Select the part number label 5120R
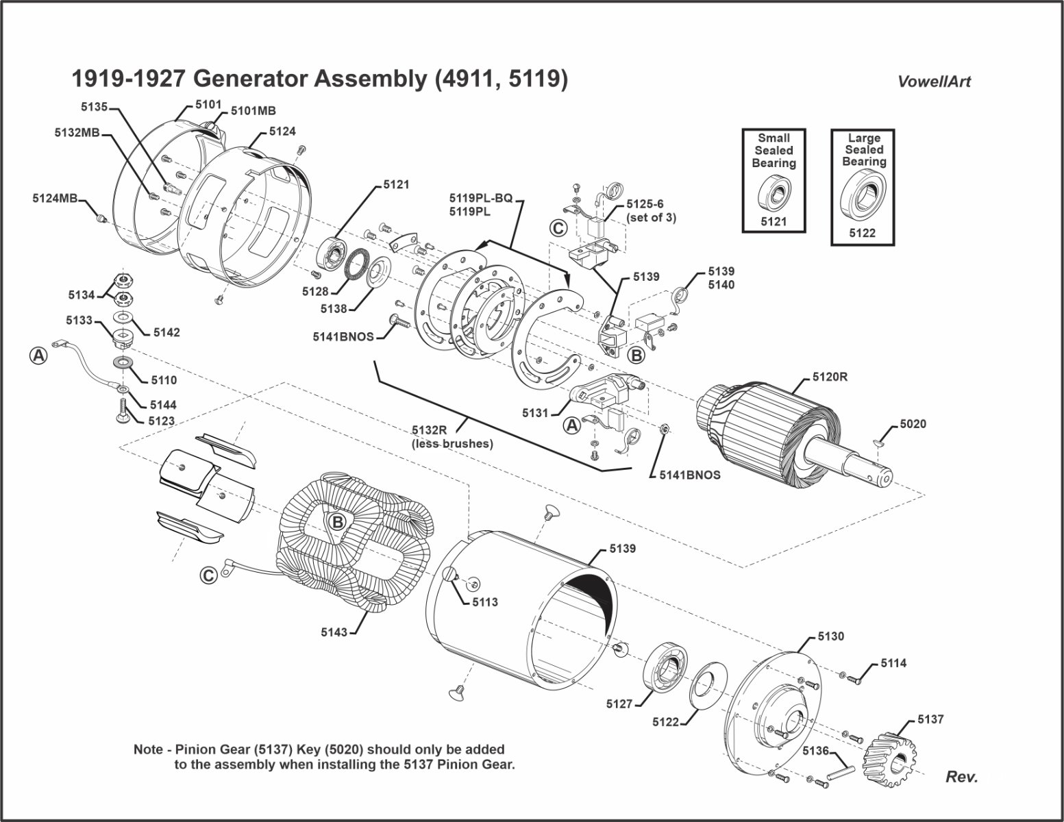(830, 377)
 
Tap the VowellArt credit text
(934, 82)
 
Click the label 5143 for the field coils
(335, 632)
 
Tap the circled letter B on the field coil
(337, 523)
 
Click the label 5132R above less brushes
(430, 429)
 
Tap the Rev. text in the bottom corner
(961, 777)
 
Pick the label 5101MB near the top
(253, 110)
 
